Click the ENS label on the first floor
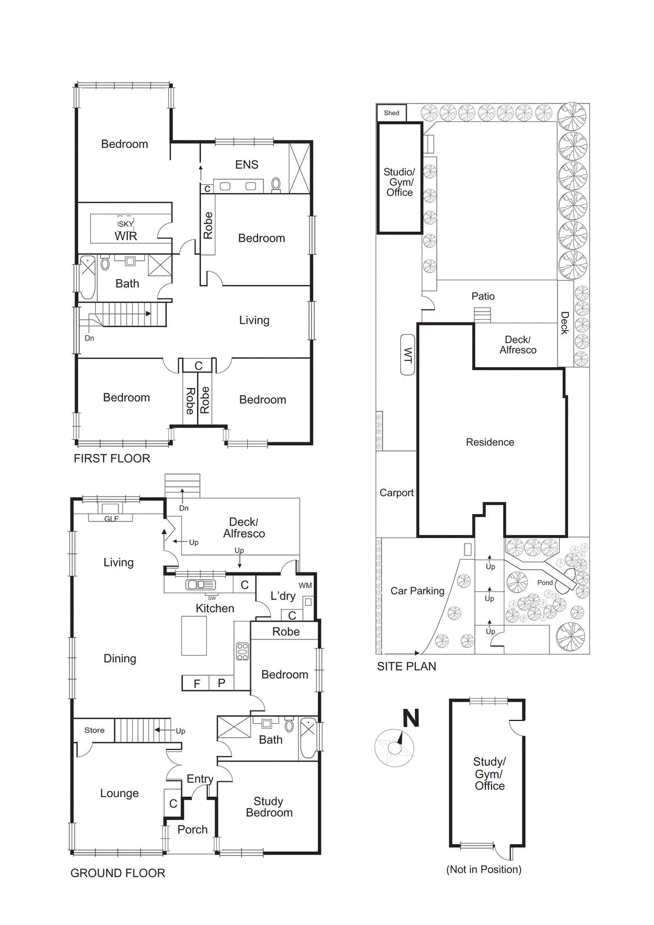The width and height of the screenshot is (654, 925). pyautogui.click(x=247, y=165)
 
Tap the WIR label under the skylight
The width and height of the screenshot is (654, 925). pyautogui.click(x=126, y=236)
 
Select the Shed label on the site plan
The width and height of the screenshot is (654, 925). pyautogui.click(x=392, y=113)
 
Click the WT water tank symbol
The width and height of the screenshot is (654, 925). pyautogui.click(x=408, y=354)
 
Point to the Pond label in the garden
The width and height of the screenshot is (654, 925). pyautogui.click(x=545, y=583)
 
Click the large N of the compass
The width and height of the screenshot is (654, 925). pyautogui.click(x=411, y=719)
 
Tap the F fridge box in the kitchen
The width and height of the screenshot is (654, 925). pyautogui.click(x=196, y=683)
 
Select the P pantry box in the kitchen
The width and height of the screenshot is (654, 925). pyautogui.click(x=221, y=683)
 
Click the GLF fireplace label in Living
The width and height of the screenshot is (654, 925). pyautogui.click(x=111, y=519)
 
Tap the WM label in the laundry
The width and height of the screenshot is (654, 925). pyautogui.click(x=305, y=586)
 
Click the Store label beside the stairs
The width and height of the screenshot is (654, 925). pyautogui.click(x=94, y=730)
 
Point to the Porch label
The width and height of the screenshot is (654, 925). pyautogui.click(x=192, y=830)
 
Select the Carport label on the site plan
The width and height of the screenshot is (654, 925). pyautogui.click(x=396, y=493)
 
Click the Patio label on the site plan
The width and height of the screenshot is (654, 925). pyautogui.click(x=483, y=296)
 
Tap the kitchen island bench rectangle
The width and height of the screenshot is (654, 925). pyautogui.click(x=194, y=635)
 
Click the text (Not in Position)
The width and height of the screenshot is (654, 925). pyautogui.click(x=484, y=869)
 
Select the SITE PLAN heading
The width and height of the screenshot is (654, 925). pyautogui.click(x=406, y=666)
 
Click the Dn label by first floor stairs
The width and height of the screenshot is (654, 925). pyautogui.click(x=90, y=338)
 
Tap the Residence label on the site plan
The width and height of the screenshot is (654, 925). pyautogui.click(x=490, y=442)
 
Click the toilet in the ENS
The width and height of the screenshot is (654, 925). pyautogui.click(x=276, y=184)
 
